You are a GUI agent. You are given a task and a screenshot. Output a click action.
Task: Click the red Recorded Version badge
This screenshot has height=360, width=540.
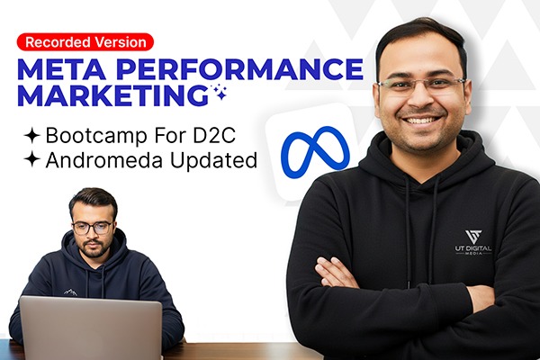tap(85, 42)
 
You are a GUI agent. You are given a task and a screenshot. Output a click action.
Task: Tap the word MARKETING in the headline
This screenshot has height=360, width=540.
tap(113, 95)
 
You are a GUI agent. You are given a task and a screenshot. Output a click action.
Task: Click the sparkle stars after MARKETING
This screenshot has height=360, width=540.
tap(220, 92)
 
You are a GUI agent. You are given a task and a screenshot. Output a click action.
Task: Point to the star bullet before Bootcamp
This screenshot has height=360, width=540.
tap(31, 135)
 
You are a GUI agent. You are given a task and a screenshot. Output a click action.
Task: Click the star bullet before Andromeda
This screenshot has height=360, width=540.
tap(31, 159)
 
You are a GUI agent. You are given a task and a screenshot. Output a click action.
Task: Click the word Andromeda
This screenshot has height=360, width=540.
tap(105, 159)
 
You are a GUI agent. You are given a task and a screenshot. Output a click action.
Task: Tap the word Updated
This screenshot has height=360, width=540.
tap(214, 160)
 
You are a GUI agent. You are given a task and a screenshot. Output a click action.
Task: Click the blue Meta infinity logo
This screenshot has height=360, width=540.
tap(315, 152)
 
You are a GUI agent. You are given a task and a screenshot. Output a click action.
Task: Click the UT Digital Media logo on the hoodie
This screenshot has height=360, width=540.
tap(473, 242)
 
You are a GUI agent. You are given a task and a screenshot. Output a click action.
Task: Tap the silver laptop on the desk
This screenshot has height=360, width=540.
tap(91, 328)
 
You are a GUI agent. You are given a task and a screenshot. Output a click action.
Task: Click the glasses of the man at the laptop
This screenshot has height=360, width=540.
tap(93, 228)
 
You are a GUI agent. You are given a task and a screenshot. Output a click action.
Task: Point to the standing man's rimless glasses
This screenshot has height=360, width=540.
tap(421, 85)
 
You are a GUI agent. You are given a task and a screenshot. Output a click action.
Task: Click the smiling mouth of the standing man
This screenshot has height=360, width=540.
tap(422, 121)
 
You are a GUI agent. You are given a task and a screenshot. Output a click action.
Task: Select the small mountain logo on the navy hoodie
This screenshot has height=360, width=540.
tap(70, 292)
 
